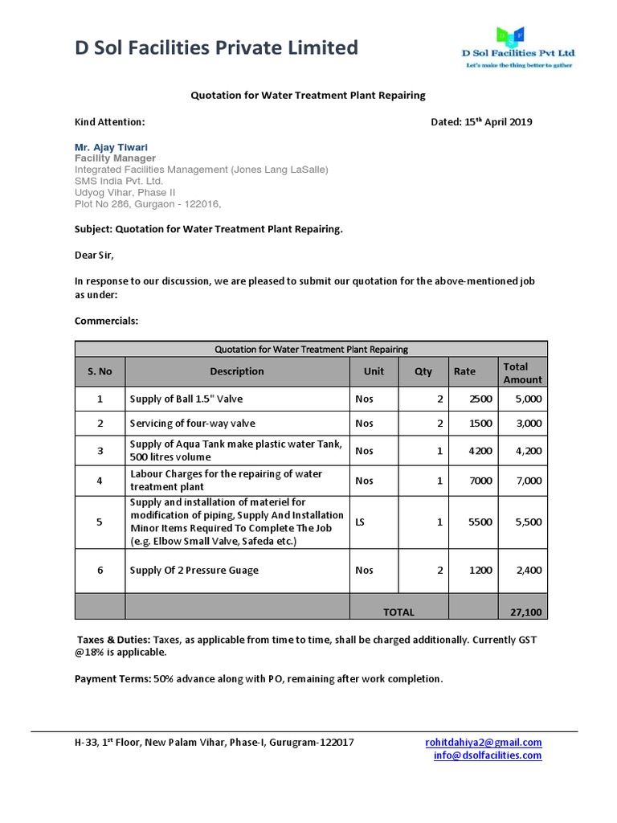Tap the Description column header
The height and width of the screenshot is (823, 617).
(x=237, y=371)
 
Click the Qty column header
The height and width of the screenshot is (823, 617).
(x=423, y=371)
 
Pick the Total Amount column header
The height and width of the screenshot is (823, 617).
(x=522, y=372)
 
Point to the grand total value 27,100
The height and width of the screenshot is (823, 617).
(x=526, y=612)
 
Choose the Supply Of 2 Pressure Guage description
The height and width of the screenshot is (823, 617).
(x=194, y=570)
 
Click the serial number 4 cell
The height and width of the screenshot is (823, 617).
(x=100, y=481)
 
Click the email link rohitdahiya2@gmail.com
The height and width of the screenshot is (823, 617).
(x=483, y=742)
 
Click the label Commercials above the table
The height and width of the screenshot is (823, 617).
(x=106, y=321)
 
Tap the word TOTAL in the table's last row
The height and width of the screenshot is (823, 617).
(x=398, y=612)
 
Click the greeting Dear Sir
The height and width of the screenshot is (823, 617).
(x=94, y=255)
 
